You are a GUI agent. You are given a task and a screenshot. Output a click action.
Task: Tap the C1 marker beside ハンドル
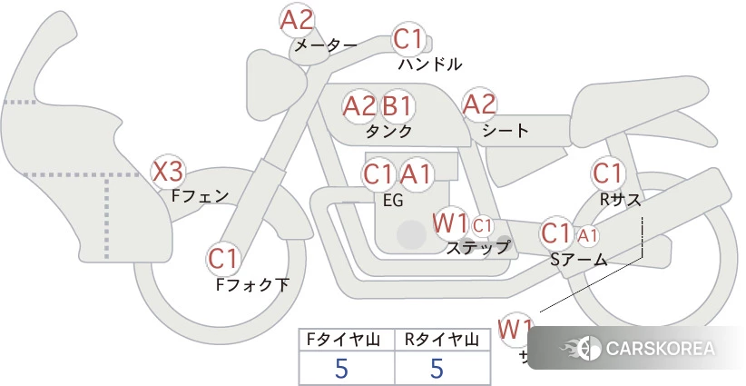point(408,40)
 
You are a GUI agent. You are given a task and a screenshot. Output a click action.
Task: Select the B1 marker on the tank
point(397,105)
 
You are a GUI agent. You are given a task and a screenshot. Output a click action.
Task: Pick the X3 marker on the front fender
point(168,171)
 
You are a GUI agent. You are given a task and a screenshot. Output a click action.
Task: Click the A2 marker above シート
point(480,104)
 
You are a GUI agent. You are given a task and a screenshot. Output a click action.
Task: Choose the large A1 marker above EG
point(418,173)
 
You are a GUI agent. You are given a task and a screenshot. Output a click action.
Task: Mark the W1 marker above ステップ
point(450,223)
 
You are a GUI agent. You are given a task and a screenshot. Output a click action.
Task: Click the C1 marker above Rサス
point(607,173)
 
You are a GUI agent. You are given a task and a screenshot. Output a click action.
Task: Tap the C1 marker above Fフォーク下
point(222,259)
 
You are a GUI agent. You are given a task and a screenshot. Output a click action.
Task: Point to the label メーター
point(325,45)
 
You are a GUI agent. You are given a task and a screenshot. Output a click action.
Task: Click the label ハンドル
point(430,64)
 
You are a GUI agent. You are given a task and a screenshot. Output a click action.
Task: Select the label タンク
point(389,131)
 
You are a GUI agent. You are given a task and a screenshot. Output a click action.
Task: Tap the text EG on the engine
point(393,201)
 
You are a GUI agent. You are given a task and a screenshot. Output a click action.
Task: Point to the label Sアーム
point(578,260)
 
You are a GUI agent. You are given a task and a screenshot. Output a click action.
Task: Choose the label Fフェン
point(200,194)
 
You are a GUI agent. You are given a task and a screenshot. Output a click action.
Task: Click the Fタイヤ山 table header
point(347,341)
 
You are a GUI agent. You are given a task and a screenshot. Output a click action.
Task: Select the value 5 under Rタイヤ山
point(437,369)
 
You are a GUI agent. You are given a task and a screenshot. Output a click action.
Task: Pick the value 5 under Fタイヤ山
point(341,369)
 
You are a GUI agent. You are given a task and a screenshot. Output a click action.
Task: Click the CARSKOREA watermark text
point(660,349)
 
